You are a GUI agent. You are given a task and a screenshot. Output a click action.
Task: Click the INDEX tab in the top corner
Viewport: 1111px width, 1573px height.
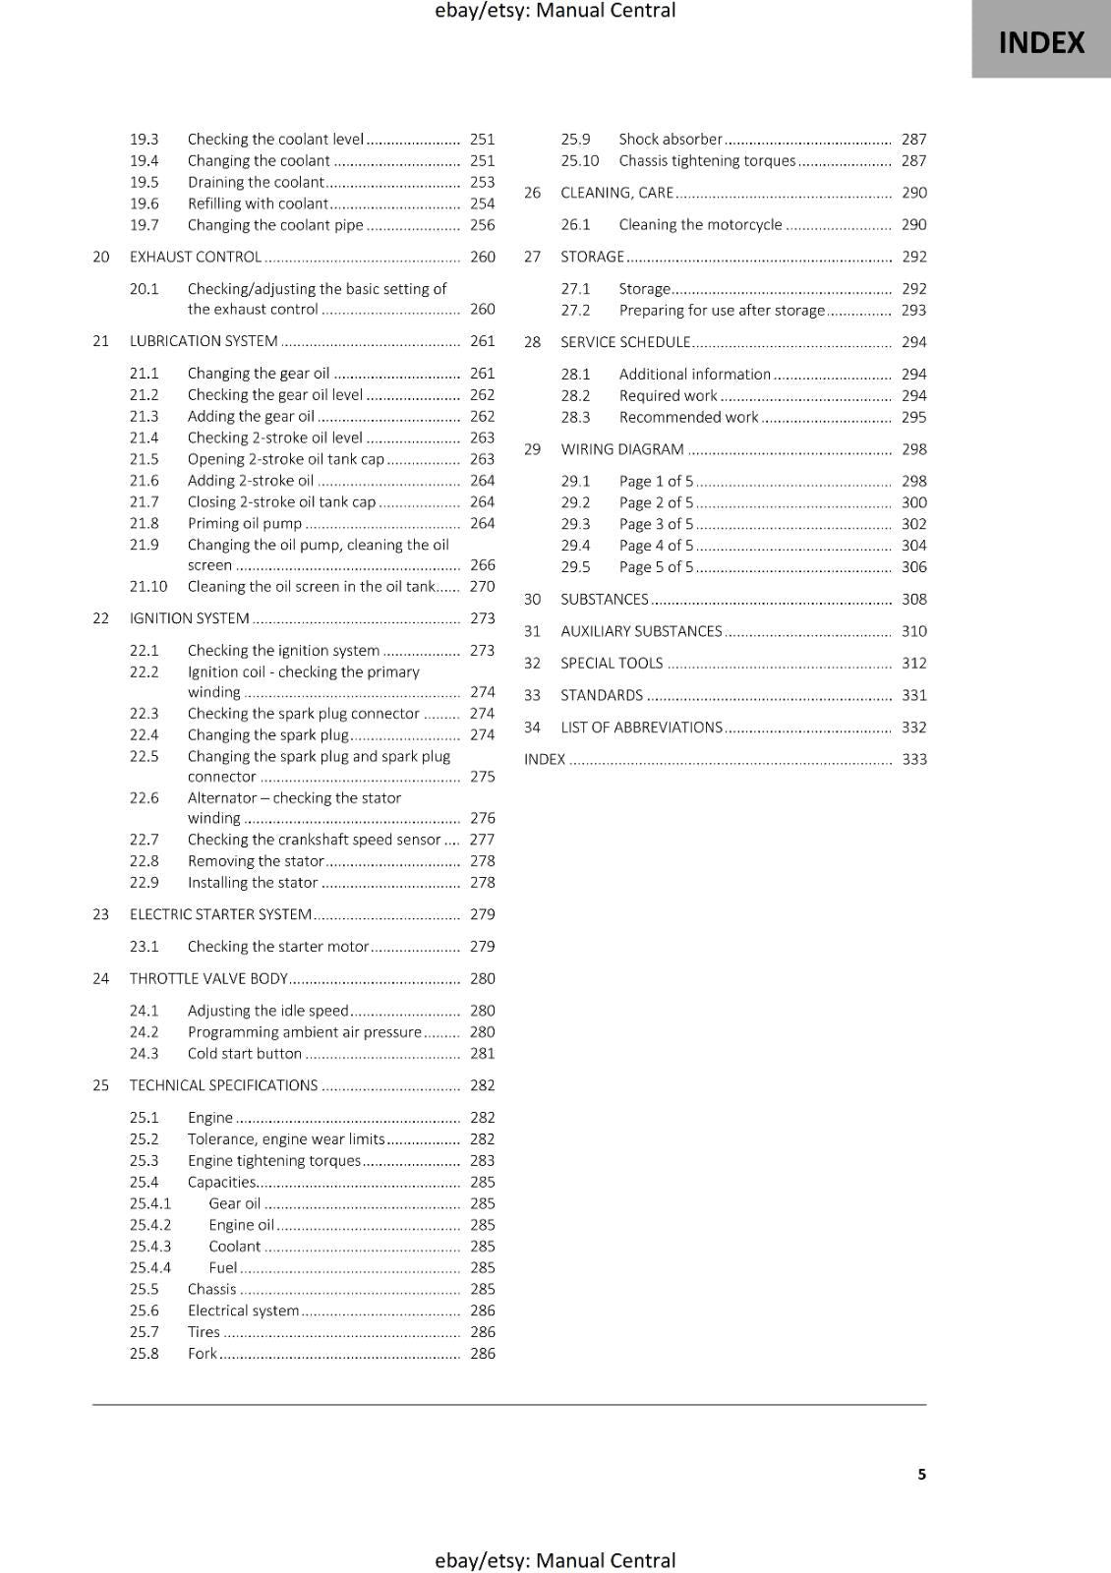click(1041, 42)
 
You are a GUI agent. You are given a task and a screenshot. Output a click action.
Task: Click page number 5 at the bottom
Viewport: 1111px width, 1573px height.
click(921, 1474)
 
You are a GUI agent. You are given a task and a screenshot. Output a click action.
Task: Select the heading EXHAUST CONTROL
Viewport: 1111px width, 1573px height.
click(196, 257)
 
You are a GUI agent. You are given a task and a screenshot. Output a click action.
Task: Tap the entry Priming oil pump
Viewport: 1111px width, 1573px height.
click(245, 523)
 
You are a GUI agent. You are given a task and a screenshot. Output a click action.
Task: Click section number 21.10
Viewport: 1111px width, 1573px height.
click(148, 586)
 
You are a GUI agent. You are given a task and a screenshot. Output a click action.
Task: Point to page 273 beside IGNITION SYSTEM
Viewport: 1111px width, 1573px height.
click(482, 618)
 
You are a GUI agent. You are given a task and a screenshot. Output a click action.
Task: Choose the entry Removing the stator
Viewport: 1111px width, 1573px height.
click(256, 860)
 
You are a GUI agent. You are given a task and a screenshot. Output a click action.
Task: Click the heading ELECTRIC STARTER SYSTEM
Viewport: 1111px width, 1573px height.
click(220, 914)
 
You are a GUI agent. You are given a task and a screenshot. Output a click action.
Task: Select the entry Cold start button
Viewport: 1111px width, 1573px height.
click(245, 1053)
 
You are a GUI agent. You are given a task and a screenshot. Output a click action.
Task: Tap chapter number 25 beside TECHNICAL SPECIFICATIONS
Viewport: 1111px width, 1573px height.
click(101, 1085)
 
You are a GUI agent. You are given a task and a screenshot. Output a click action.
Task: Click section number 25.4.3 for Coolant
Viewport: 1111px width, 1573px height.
click(150, 1246)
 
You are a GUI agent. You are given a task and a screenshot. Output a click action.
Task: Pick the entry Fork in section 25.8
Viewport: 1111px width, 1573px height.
click(202, 1353)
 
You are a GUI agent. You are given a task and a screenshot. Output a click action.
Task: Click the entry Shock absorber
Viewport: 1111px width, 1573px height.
click(670, 139)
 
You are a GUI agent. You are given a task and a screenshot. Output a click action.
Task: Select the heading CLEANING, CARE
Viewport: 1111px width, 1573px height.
click(616, 193)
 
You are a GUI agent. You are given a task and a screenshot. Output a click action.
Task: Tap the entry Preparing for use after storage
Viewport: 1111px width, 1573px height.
click(722, 310)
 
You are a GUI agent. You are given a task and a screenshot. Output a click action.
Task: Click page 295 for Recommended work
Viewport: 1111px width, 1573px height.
click(913, 417)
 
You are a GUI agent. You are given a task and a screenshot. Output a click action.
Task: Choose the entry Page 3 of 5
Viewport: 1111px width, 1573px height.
click(656, 524)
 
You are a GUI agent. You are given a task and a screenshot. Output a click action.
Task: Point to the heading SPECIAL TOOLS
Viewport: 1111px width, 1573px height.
click(612, 663)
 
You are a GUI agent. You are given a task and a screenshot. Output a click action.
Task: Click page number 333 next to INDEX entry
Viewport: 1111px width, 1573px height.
click(913, 759)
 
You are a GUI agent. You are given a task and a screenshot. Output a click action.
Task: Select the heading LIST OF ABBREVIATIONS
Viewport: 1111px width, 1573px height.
click(641, 728)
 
